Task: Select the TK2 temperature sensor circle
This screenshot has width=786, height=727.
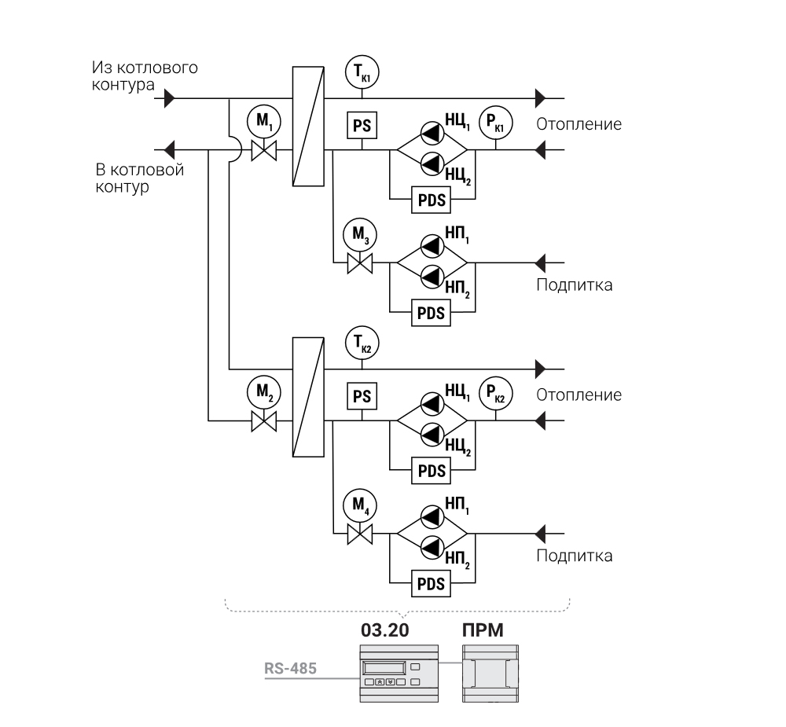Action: tap(362, 343)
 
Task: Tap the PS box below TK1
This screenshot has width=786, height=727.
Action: tap(362, 126)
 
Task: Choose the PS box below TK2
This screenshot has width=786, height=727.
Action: tap(362, 397)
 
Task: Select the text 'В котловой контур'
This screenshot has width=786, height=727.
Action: tap(140, 178)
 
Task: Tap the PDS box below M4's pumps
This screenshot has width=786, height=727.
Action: tap(431, 584)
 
